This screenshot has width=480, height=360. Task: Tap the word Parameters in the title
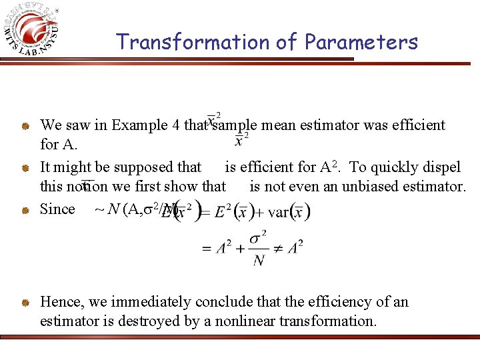[x=361, y=42]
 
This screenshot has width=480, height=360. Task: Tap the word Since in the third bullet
[x=57, y=209]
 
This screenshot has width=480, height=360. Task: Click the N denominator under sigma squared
[x=258, y=261]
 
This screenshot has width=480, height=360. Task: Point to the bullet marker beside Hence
[x=25, y=302]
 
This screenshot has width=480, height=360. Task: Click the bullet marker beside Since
[x=25, y=209]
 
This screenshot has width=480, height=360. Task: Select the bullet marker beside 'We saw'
[x=25, y=125]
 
